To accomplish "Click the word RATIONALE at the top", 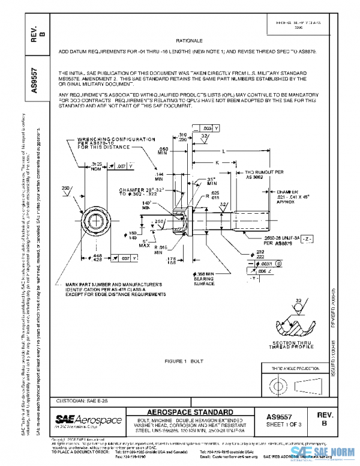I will tap(188, 40).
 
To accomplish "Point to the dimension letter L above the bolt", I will tap(223, 151).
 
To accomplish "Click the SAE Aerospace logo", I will tap(89, 418).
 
